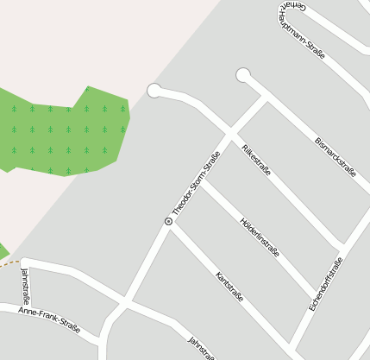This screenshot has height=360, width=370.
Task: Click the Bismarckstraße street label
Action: point(336,155)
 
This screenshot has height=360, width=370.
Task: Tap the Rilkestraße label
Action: point(257,158)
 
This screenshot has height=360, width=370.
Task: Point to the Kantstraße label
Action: point(229,287)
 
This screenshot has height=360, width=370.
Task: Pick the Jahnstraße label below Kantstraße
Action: point(201,348)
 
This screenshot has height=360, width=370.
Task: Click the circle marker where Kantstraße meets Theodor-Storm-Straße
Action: point(168,222)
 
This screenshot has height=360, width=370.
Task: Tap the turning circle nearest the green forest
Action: point(154,90)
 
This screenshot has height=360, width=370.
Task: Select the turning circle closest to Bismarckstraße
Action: point(243,75)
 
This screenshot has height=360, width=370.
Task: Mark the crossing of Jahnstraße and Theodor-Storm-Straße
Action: point(126,303)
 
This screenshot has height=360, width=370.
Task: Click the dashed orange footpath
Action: point(8,263)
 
